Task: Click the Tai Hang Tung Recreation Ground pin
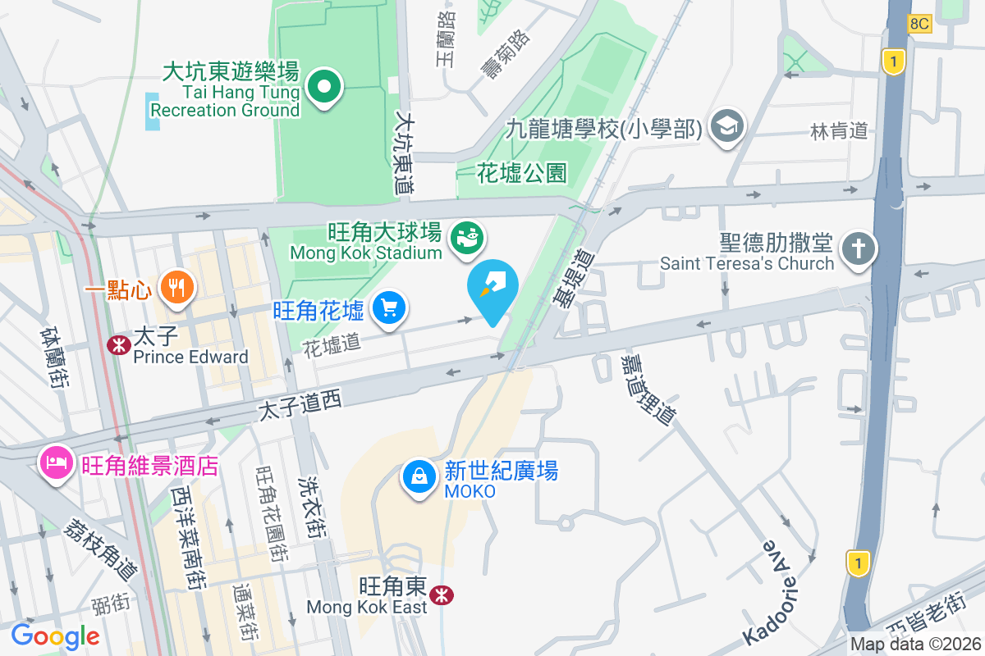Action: (x=324, y=86)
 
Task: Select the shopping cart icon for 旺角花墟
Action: (x=389, y=308)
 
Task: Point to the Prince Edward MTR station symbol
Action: (x=119, y=345)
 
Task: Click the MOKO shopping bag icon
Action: (x=419, y=476)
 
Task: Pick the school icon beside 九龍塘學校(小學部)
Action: (x=726, y=127)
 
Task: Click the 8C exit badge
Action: (x=919, y=24)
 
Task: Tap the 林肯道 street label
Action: (x=839, y=131)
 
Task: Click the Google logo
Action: (x=55, y=636)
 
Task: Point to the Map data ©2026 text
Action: (x=914, y=644)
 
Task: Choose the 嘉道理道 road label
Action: (x=648, y=389)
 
